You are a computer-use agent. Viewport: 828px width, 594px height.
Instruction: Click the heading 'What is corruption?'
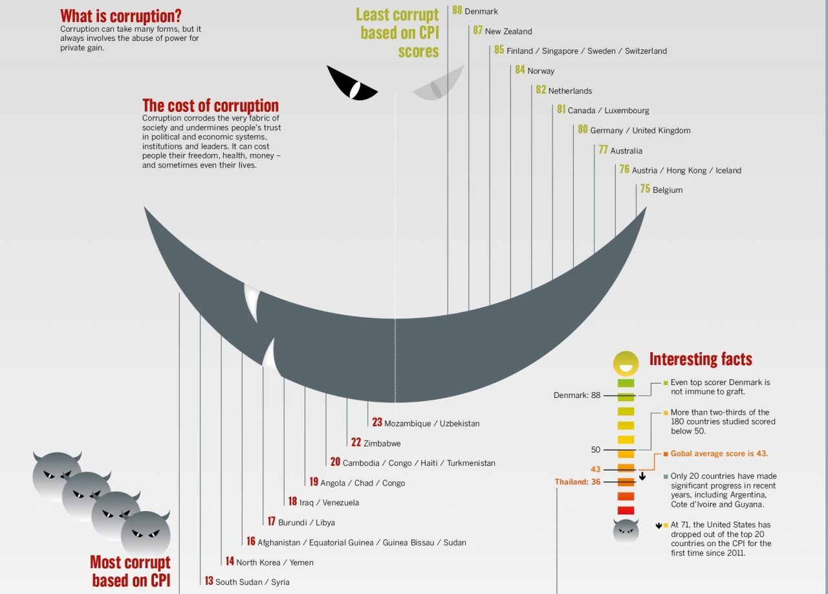click(x=121, y=16)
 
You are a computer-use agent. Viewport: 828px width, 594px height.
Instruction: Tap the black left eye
click(x=351, y=84)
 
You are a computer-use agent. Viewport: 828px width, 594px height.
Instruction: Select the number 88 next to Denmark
click(x=457, y=10)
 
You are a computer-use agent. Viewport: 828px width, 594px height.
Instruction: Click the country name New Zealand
click(x=508, y=32)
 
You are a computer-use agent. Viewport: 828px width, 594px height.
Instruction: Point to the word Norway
click(x=541, y=71)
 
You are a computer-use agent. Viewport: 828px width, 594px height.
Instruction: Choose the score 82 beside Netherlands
click(x=541, y=90)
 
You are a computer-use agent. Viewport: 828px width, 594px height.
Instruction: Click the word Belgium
click(x=668, y=190)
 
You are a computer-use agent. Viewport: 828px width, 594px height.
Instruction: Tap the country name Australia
click(x=626, y=151)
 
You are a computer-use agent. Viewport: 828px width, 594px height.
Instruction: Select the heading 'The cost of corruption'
click(x=210, y=105)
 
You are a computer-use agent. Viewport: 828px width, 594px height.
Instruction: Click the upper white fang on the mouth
click(x=252, y=302)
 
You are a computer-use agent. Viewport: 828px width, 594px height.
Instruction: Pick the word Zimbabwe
click(x=382, y=443)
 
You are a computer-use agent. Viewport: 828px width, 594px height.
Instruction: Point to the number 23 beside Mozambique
click(x=377, y=423)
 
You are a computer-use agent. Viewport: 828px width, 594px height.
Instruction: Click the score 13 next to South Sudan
click(x=209, y=581)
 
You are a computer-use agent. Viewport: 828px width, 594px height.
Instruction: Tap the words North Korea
click(x=258, y=562)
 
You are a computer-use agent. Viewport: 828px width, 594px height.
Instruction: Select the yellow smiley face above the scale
click(x=626, y=363)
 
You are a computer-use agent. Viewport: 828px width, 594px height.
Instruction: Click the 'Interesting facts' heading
click(x=701, y=359)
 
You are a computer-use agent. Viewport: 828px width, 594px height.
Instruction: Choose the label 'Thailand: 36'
click(x=578, y=482)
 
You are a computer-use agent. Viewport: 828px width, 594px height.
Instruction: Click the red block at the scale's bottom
click(x=626, y=511)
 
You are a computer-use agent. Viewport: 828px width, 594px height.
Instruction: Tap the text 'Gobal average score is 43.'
click(x=719, y=454)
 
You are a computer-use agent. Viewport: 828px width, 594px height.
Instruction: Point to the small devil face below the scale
click(x=626, y=531)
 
